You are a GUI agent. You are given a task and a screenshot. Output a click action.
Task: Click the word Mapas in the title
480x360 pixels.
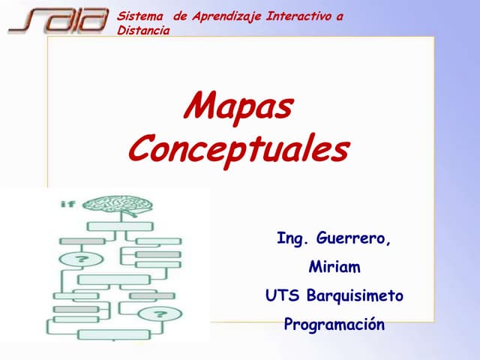238,107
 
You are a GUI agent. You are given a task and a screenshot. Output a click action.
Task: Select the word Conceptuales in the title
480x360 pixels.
238,148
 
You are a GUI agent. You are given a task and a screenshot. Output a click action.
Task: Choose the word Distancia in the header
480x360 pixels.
143,30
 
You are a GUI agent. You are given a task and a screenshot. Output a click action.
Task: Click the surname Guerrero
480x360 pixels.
354,239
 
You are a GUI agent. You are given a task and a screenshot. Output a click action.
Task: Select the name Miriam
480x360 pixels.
334,268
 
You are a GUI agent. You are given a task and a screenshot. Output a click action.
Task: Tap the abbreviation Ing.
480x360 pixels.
293,239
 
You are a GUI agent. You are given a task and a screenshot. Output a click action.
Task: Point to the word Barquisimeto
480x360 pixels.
355,296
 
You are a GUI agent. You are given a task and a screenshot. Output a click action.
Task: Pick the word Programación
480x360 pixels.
334,325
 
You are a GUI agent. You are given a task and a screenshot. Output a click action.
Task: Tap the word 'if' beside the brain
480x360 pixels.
68,204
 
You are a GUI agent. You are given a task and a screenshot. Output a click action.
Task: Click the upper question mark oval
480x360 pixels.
82,259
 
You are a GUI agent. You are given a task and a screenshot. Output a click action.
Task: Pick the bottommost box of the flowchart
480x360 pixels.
113,334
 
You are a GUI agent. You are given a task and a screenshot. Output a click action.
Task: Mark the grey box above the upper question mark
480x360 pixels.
82,241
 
